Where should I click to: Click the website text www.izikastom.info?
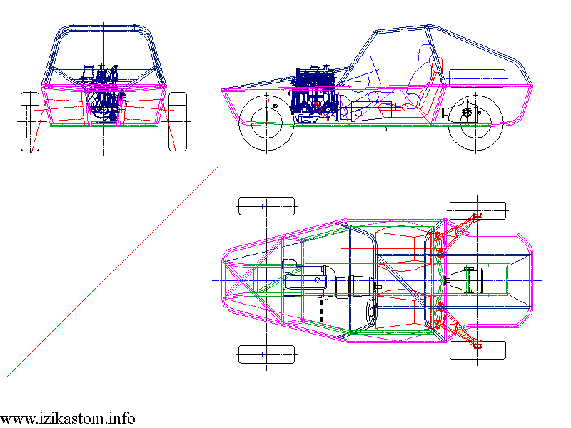click(68, 419)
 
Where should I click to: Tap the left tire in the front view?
click(30, 121)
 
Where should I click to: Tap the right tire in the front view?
click(178, 121)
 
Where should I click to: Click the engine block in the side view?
click(315, 94)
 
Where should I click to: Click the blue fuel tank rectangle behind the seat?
click(477, 78)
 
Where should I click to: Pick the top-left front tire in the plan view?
click(266, 206)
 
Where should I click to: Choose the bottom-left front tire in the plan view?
click(266, 354)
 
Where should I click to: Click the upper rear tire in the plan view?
click(477, 210)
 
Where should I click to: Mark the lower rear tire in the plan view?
click(477, 350)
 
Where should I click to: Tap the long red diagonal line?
click(112, 272)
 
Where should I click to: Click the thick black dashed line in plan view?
click(322, 310)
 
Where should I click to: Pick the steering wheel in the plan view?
click(372, 312)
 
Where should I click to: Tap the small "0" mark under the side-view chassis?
click(385, 129)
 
